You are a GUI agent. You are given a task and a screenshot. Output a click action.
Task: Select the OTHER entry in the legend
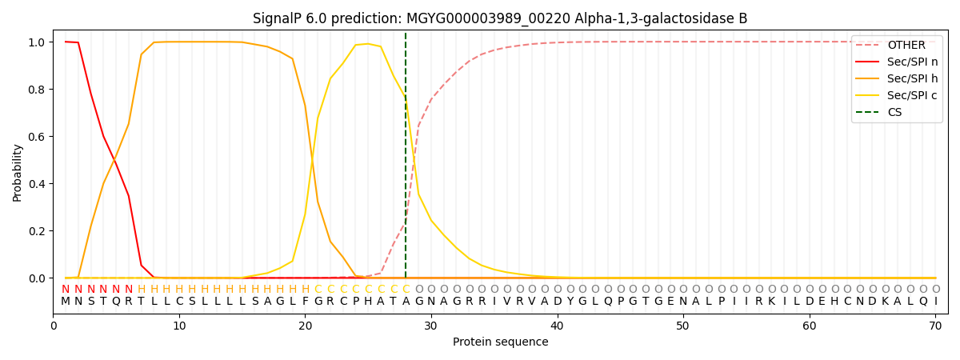coord(906,46)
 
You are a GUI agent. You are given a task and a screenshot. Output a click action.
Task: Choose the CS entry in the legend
coord(894,113)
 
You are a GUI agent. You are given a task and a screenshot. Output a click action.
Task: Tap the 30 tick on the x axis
coord(431,326)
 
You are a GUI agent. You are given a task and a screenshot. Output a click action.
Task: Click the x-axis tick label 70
coord(935,326)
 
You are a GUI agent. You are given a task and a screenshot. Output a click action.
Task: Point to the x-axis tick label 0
coord(54,326)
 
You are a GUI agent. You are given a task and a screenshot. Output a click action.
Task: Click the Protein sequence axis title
coord(500,342)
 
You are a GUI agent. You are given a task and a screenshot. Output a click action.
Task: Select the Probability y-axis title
coord(18,173)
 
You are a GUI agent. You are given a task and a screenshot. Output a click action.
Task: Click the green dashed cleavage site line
coord(406,160)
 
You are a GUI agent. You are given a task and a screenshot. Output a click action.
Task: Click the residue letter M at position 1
coord(66,302)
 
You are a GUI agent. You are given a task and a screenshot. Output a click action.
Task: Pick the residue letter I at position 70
coord(935,302)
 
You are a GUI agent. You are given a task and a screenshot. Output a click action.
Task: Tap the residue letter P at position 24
coord(356,302)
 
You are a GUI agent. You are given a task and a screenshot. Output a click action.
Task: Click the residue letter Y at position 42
coord(582,302)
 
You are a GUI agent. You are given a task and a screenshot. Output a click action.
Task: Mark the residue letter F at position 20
coord(306,302)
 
